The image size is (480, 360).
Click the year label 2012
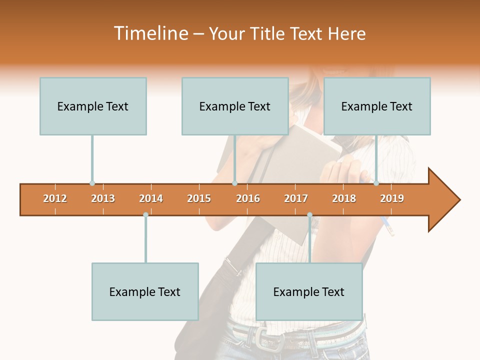55,198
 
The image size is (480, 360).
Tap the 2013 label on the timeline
103,198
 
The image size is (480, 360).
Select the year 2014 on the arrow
151,198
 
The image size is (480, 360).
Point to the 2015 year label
199,198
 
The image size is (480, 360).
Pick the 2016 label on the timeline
248,198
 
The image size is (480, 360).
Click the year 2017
296,198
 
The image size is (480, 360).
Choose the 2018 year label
344,198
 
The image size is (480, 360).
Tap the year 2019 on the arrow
392,198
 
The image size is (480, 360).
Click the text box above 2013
93,106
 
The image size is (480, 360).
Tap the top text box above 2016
235,106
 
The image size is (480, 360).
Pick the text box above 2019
377,106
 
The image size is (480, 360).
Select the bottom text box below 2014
145,291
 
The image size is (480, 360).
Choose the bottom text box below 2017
309,291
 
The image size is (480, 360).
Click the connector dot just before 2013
92,183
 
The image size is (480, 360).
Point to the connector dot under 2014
145,215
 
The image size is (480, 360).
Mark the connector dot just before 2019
376,183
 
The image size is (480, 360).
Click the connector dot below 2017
309,215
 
